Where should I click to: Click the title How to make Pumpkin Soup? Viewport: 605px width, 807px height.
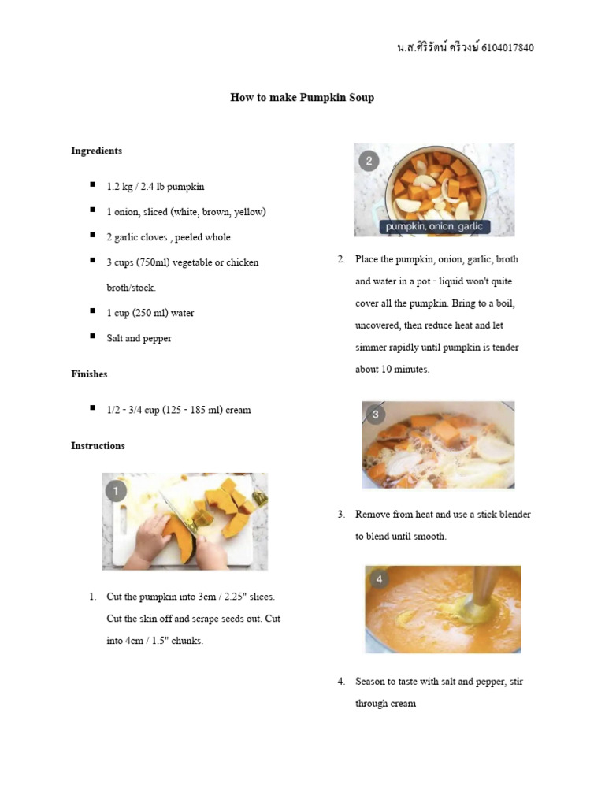pyautogui.click(x=302, y=98)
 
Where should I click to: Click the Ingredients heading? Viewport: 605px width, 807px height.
pyautogui.click(x=96, y=151)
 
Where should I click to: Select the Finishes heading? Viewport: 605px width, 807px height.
pyautogui.click(x=89, y=374)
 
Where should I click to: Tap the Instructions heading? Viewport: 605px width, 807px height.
pyautogui.click(x=98, y=446)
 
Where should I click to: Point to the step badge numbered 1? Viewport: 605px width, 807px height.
pyautogui.click(x=116, y=492)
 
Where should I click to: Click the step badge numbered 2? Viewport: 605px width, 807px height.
pyautogui.click(x=369, y=162)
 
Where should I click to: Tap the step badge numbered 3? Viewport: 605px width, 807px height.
pyautogui.click(x=376, y=415)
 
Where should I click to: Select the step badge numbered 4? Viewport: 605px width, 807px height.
pyautogui.click(x=379, y=579)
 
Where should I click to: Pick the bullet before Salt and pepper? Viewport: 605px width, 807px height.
pyautogui.click(x=92, y=337)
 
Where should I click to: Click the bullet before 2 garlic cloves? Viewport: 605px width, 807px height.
pyautogui.click(x=92, y=236)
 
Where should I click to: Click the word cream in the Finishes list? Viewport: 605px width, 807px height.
pyautogui.click(x=238, y=410)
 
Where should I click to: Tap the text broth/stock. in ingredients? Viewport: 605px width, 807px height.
pyautogui.click(x=131, y=288)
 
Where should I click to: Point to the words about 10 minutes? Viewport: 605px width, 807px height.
pyautogui.click(x=392, y=370)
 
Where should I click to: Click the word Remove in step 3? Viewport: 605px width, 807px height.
pyautogui.click(x=372, y=515)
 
